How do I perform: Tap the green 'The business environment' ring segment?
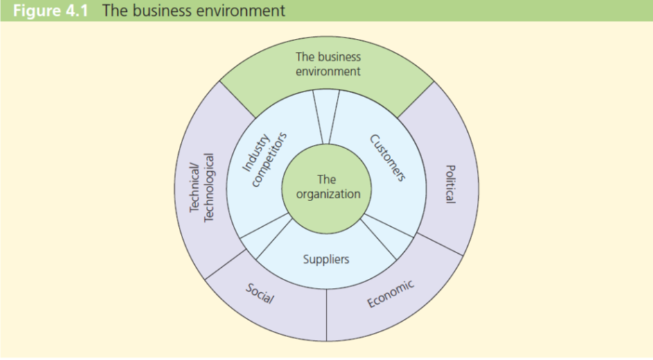tap(328, 64)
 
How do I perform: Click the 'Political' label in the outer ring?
tap(450, 184)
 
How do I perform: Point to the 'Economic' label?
tap(390, 293)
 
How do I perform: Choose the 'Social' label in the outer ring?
tap(260, 294)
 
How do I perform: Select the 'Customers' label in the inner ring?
tap(387, 157)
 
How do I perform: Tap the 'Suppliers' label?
tap(326, 259)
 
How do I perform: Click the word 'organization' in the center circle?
tap(328, 194)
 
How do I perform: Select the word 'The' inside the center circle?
tap(326, 180)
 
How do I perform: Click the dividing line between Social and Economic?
tap(326, 316)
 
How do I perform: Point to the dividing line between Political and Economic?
tap(440, 244)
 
